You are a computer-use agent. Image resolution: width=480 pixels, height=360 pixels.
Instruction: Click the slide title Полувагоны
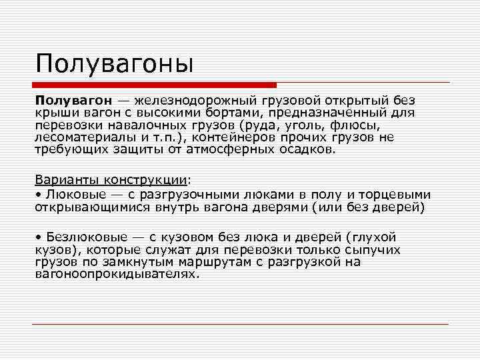point(115,64)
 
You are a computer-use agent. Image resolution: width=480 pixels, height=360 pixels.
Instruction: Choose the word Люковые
point(72,194)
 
